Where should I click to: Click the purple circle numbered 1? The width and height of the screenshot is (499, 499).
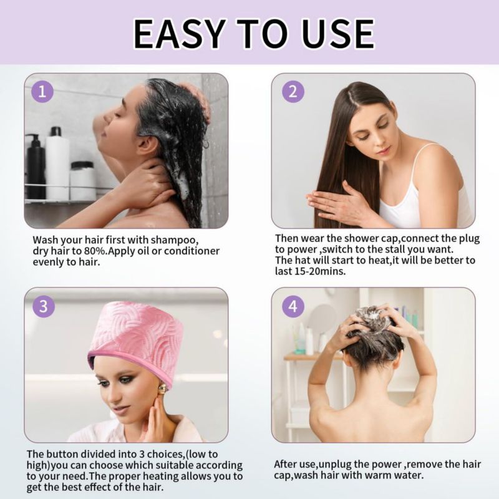(42, 92)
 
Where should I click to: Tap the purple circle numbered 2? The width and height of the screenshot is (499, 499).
(293, 92)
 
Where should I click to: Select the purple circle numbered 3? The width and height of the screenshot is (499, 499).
(44, 306)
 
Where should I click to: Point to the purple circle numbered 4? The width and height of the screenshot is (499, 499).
(293, 306)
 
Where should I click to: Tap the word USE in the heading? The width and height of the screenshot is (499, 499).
(335, 34)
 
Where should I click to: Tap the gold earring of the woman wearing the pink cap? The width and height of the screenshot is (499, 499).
(162, 388)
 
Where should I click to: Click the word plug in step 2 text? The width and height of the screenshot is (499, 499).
(470, 239)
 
